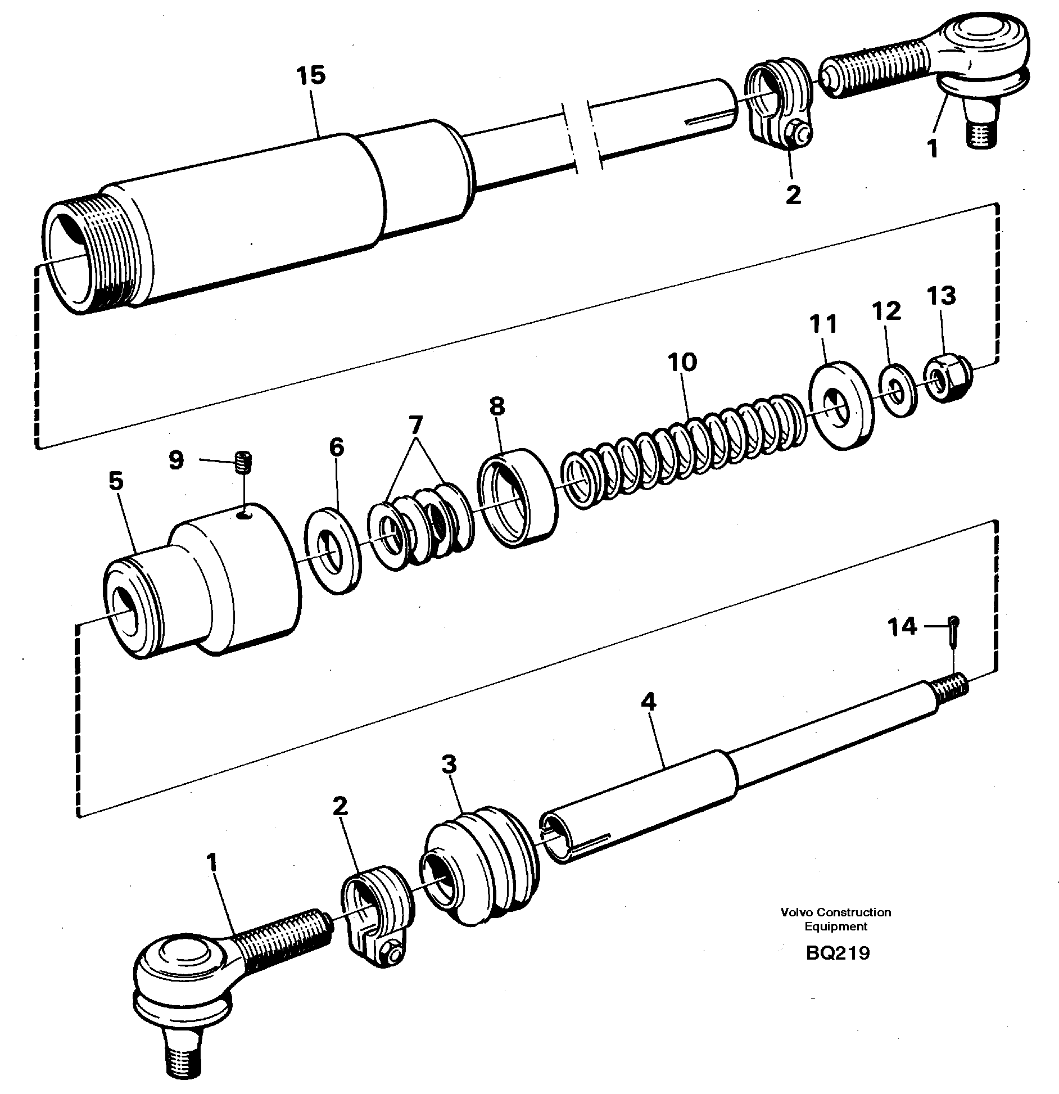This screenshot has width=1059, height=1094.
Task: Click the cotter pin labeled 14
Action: click(x=954, y=629)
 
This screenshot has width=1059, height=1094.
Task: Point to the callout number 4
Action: click(x=648, y=702)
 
